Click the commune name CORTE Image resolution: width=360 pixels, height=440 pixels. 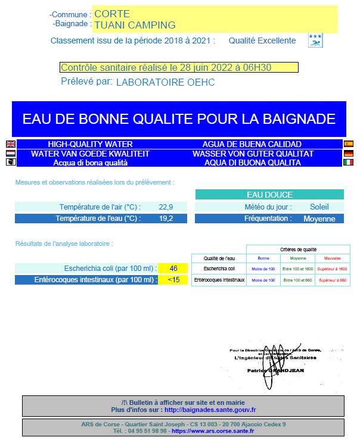point(112,14)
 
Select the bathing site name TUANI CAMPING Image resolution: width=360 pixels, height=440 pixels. point(135,25)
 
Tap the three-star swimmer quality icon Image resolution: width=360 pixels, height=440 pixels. point(315,40)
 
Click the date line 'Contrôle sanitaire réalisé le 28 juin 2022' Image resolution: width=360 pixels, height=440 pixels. point(166,68)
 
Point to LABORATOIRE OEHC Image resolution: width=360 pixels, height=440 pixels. point(165,82)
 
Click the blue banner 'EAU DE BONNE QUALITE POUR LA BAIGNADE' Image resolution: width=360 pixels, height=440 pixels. point(179,118)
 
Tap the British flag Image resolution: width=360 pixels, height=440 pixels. point(10,144)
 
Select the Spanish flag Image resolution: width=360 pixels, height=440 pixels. point(349,144)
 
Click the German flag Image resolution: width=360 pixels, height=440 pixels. point(349,154)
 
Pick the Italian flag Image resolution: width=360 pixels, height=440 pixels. point(349,163)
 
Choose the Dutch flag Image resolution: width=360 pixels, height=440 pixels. point(10,154)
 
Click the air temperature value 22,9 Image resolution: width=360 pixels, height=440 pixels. point(166,207)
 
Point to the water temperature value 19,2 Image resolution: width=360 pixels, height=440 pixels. point(166,219)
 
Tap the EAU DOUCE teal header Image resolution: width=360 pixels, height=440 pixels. point(269,195)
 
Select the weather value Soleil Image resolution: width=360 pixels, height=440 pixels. point(319,207)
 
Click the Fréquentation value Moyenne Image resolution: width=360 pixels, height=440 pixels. point(319,219)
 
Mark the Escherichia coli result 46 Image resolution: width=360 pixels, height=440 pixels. point(173,269)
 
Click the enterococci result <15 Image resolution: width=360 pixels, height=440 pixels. point(173,280)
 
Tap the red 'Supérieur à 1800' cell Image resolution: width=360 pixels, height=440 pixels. point(332,269)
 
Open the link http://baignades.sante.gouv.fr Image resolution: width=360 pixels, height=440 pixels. point(210,410)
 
